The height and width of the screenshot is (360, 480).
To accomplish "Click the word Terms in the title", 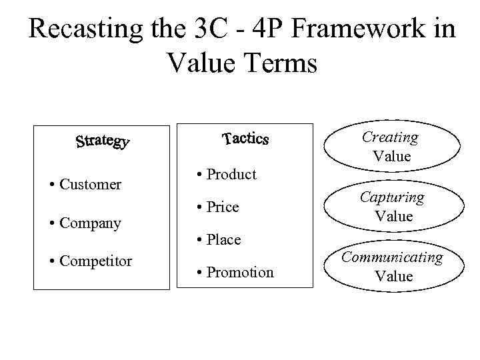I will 276,64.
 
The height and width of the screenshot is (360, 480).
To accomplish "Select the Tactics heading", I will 245,139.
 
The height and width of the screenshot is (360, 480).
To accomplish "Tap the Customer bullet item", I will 90,184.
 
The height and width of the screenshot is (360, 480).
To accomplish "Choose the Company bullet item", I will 89,223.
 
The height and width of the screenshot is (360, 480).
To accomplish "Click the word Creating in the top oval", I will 390,138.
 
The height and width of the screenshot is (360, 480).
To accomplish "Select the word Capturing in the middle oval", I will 393,198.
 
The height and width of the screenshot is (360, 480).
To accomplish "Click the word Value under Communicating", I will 394,276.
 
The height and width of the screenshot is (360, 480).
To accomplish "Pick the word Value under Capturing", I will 393,217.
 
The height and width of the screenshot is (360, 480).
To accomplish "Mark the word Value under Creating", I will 392,157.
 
